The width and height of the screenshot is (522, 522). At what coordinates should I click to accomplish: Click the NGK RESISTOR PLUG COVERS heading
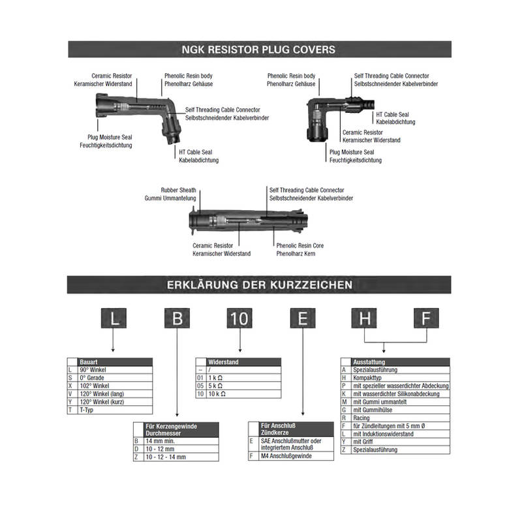(x=260, y=49)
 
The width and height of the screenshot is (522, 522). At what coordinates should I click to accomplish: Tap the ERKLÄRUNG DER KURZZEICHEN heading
(x=260, y=284)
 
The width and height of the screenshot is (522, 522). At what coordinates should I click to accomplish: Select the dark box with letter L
(x=115, y=319)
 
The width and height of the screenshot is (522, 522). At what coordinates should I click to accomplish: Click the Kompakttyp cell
(x=366, y=378)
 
